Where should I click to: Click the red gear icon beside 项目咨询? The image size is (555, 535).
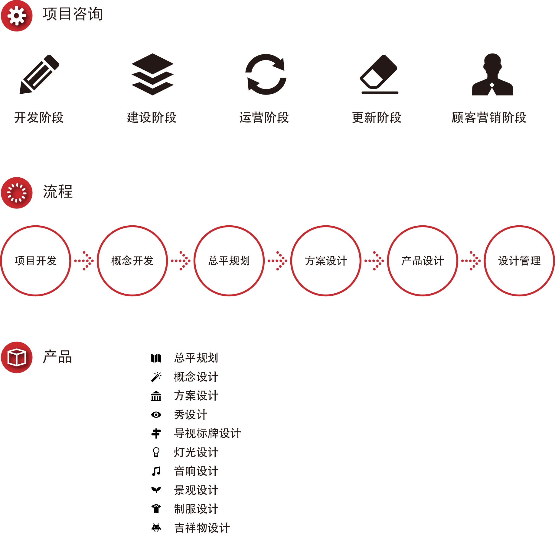pos(17,15)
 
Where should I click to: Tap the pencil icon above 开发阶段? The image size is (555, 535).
pos(39,74)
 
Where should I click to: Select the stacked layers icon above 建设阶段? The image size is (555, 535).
pos(152,74)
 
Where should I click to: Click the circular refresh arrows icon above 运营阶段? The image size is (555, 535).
pos(266,74)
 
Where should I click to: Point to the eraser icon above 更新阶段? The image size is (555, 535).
pos(379,74)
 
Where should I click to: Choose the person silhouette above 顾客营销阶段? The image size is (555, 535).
pos(492,74)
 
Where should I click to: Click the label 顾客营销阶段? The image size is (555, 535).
pos(489,118)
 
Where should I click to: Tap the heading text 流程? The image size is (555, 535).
pos(58,192)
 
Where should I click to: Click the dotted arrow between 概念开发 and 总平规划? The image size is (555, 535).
pos(181,261)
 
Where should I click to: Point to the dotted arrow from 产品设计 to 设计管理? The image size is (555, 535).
pos(471,261)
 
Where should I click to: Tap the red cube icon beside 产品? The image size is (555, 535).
pos(17,357)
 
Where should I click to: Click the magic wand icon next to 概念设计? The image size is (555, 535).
pos(156,377)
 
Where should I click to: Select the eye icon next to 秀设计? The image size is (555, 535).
pos(156,415)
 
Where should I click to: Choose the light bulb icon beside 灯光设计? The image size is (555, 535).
pos(156,452)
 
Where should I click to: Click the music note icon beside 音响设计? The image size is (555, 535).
pos(156,471)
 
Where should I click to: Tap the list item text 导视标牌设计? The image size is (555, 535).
pos(207,433)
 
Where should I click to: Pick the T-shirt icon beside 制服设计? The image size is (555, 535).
pos(156,509)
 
